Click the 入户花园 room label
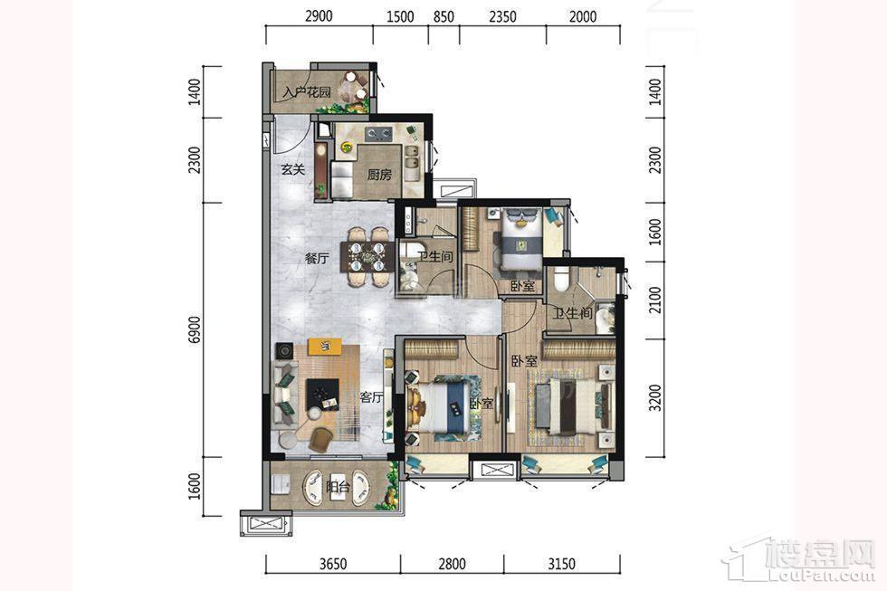point(307,91)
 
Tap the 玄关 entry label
point(293,168)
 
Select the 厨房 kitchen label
point(379,174)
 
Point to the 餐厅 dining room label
point(317,259)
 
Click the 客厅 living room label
point(372,397)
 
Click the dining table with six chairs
point(368,257)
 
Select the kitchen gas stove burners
point(379,134)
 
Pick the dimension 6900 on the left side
point(196,329)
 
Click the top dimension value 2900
point(319,16)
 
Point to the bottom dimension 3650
point(333,563)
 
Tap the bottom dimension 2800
point(452,563)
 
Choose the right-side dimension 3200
point(654,398)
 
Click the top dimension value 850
point(443,16)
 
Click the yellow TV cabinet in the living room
point(325,346)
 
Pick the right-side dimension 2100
point(654,300)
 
